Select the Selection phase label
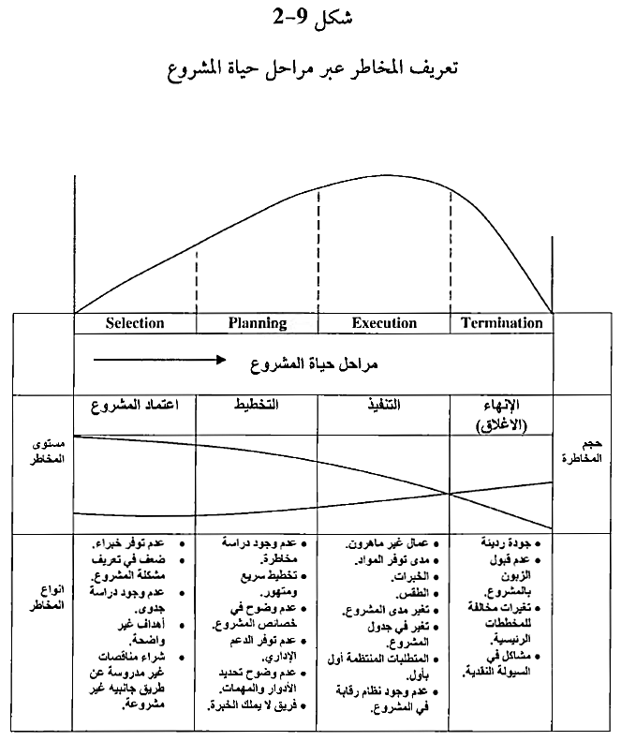(x=135, y=323)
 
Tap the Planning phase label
(x=258, y=323)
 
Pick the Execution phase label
(x=384, y=323)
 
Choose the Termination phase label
(x=502, y=323)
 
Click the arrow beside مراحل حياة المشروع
(x=159, y=359)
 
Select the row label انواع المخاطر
(x=43, y=598)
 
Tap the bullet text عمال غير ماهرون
(x=388, y=542)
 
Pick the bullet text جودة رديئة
(x=510, y=542)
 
